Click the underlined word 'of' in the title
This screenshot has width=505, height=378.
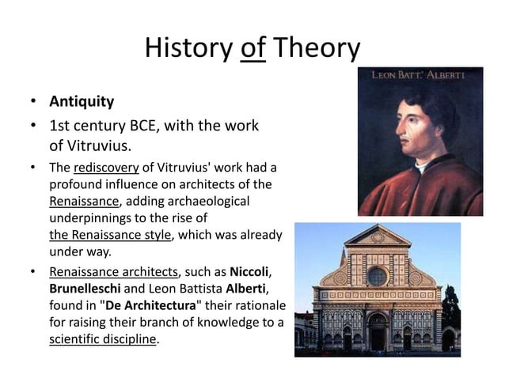(x=253, y=49)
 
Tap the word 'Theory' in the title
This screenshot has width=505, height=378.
(x=316, y=49)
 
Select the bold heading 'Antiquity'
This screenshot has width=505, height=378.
(x=82, y=102)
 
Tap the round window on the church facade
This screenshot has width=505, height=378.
(x=377, y=276)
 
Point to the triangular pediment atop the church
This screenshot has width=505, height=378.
(x=377, y=236)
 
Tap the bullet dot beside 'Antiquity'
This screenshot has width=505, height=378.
(x=33, y=103)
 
